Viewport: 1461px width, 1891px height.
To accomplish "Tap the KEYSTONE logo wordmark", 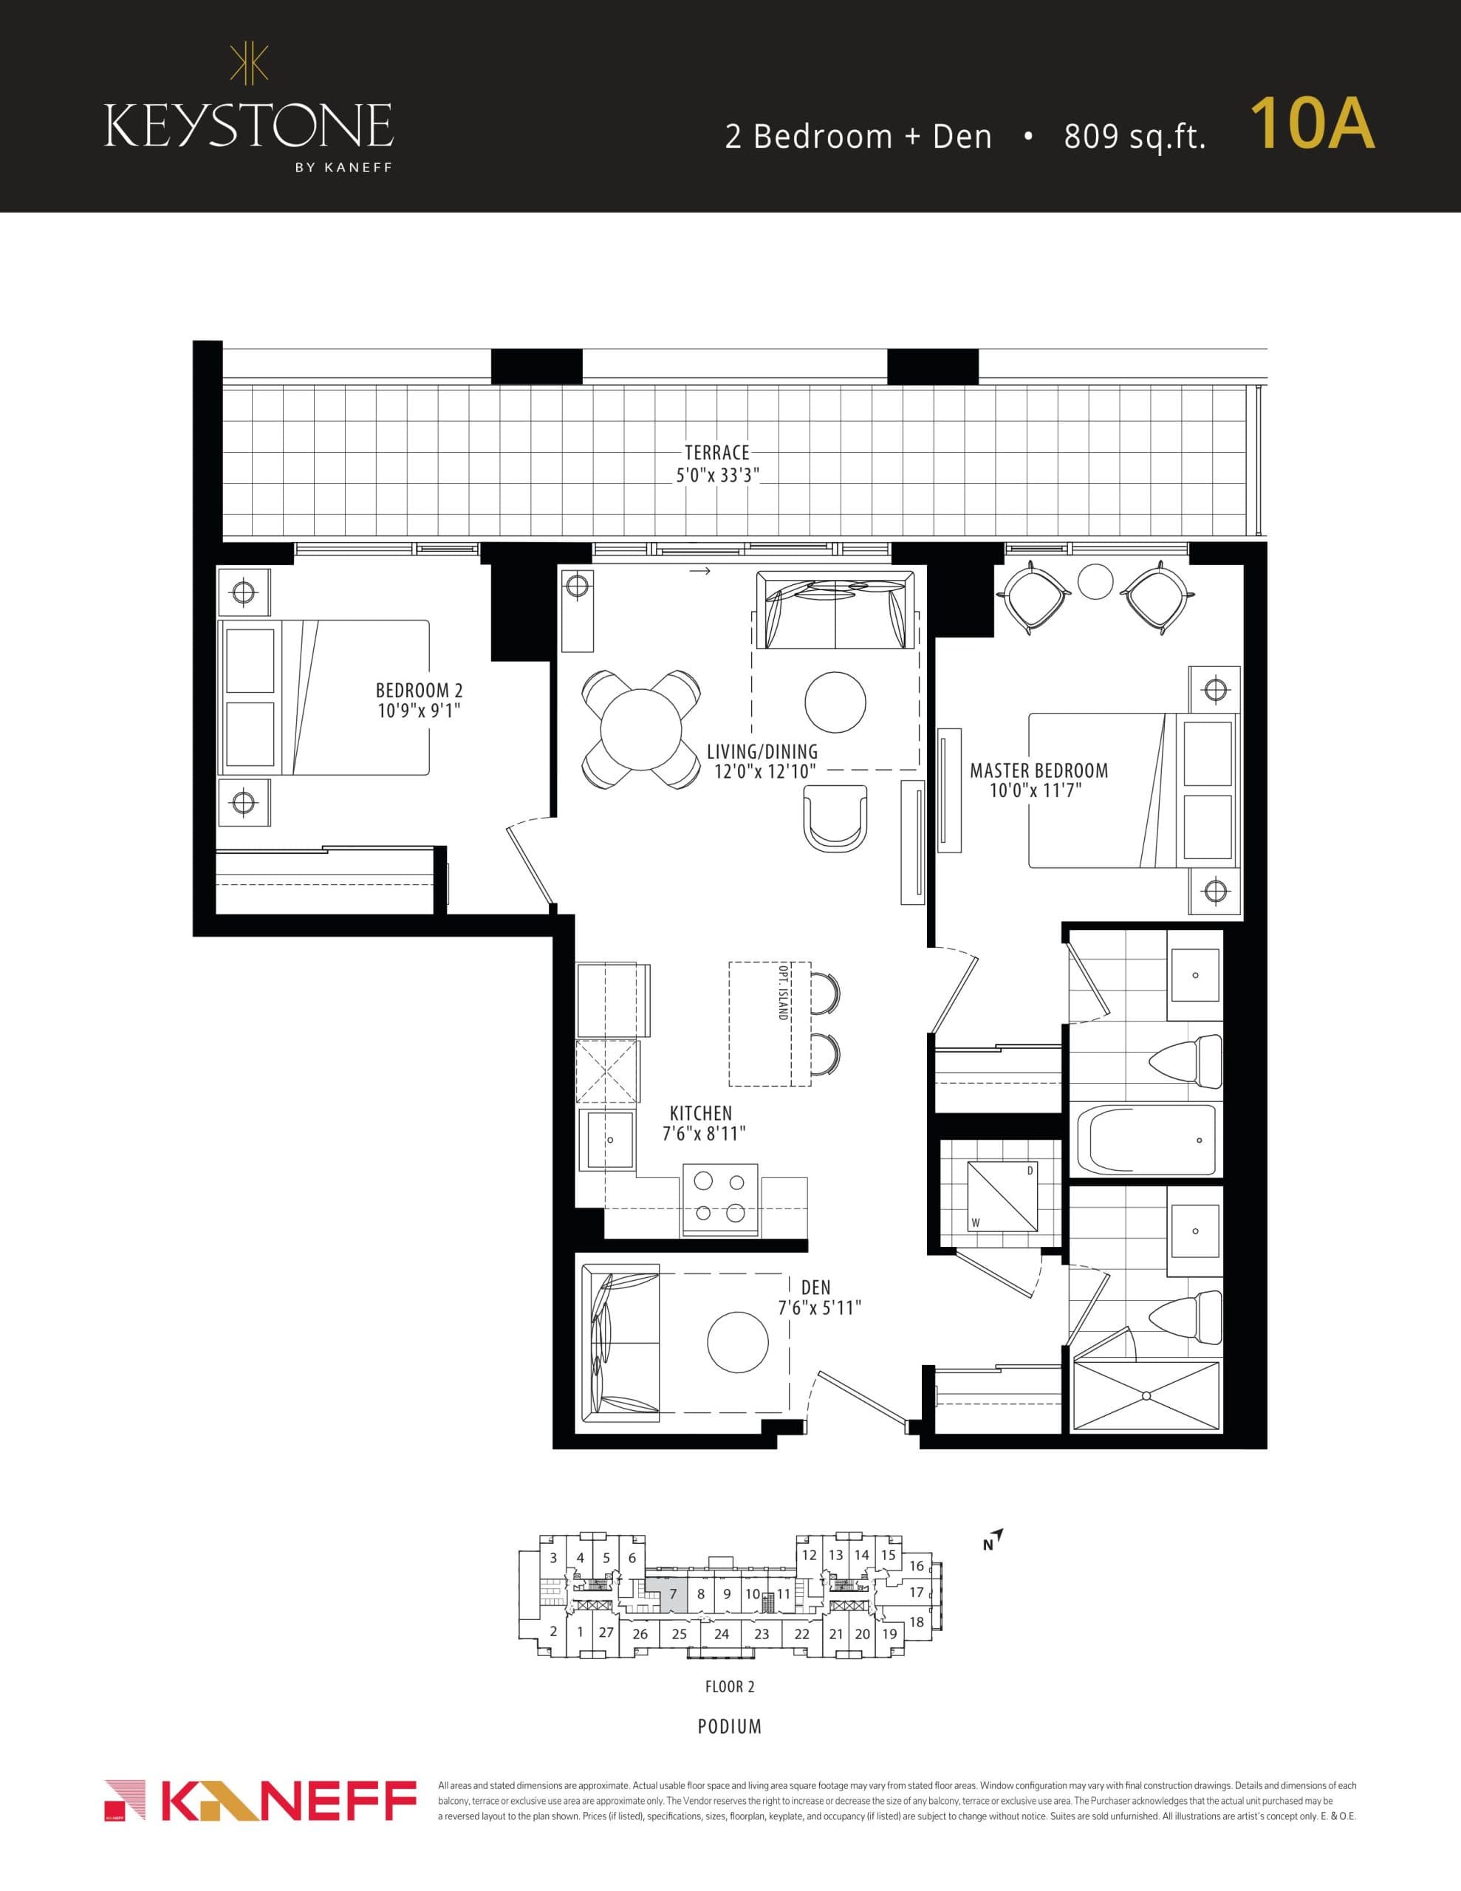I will tap(249, 126).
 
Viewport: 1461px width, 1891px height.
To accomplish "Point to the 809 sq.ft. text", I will tap(1135, 137).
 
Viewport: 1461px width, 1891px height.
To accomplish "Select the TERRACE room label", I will tap(716, 452).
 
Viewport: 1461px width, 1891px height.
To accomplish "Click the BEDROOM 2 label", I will tap(419, 690).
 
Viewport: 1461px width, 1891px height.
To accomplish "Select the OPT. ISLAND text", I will tap(782, 991).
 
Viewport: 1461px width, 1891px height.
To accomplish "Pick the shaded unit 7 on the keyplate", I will tap(672, 1594).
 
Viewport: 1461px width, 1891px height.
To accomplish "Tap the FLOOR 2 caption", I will tap(729, 1686).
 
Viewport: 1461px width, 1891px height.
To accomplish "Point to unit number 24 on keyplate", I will tap(722, 1634).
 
